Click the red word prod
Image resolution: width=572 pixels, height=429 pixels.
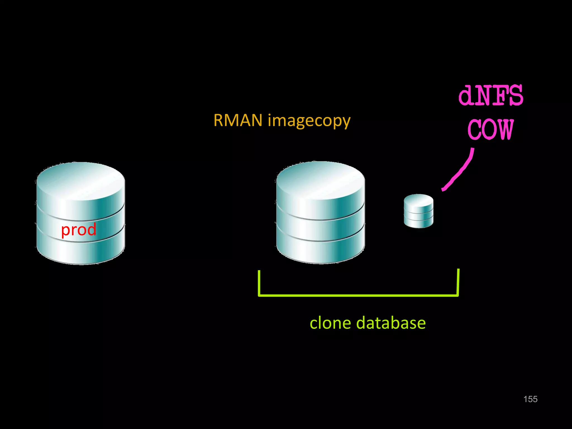79,230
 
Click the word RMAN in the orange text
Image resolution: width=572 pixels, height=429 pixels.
238,120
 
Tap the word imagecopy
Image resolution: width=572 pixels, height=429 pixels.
309,121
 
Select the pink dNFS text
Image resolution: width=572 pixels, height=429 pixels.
491,96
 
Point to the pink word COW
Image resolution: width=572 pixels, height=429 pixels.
491,130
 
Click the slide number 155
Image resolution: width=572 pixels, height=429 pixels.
530,399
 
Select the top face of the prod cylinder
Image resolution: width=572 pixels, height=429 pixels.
80,180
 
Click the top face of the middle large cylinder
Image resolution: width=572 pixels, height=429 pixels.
320,179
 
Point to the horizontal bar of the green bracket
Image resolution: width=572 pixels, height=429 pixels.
358,295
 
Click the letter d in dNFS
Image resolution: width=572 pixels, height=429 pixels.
467,96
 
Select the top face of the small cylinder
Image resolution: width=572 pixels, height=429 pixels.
418,200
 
